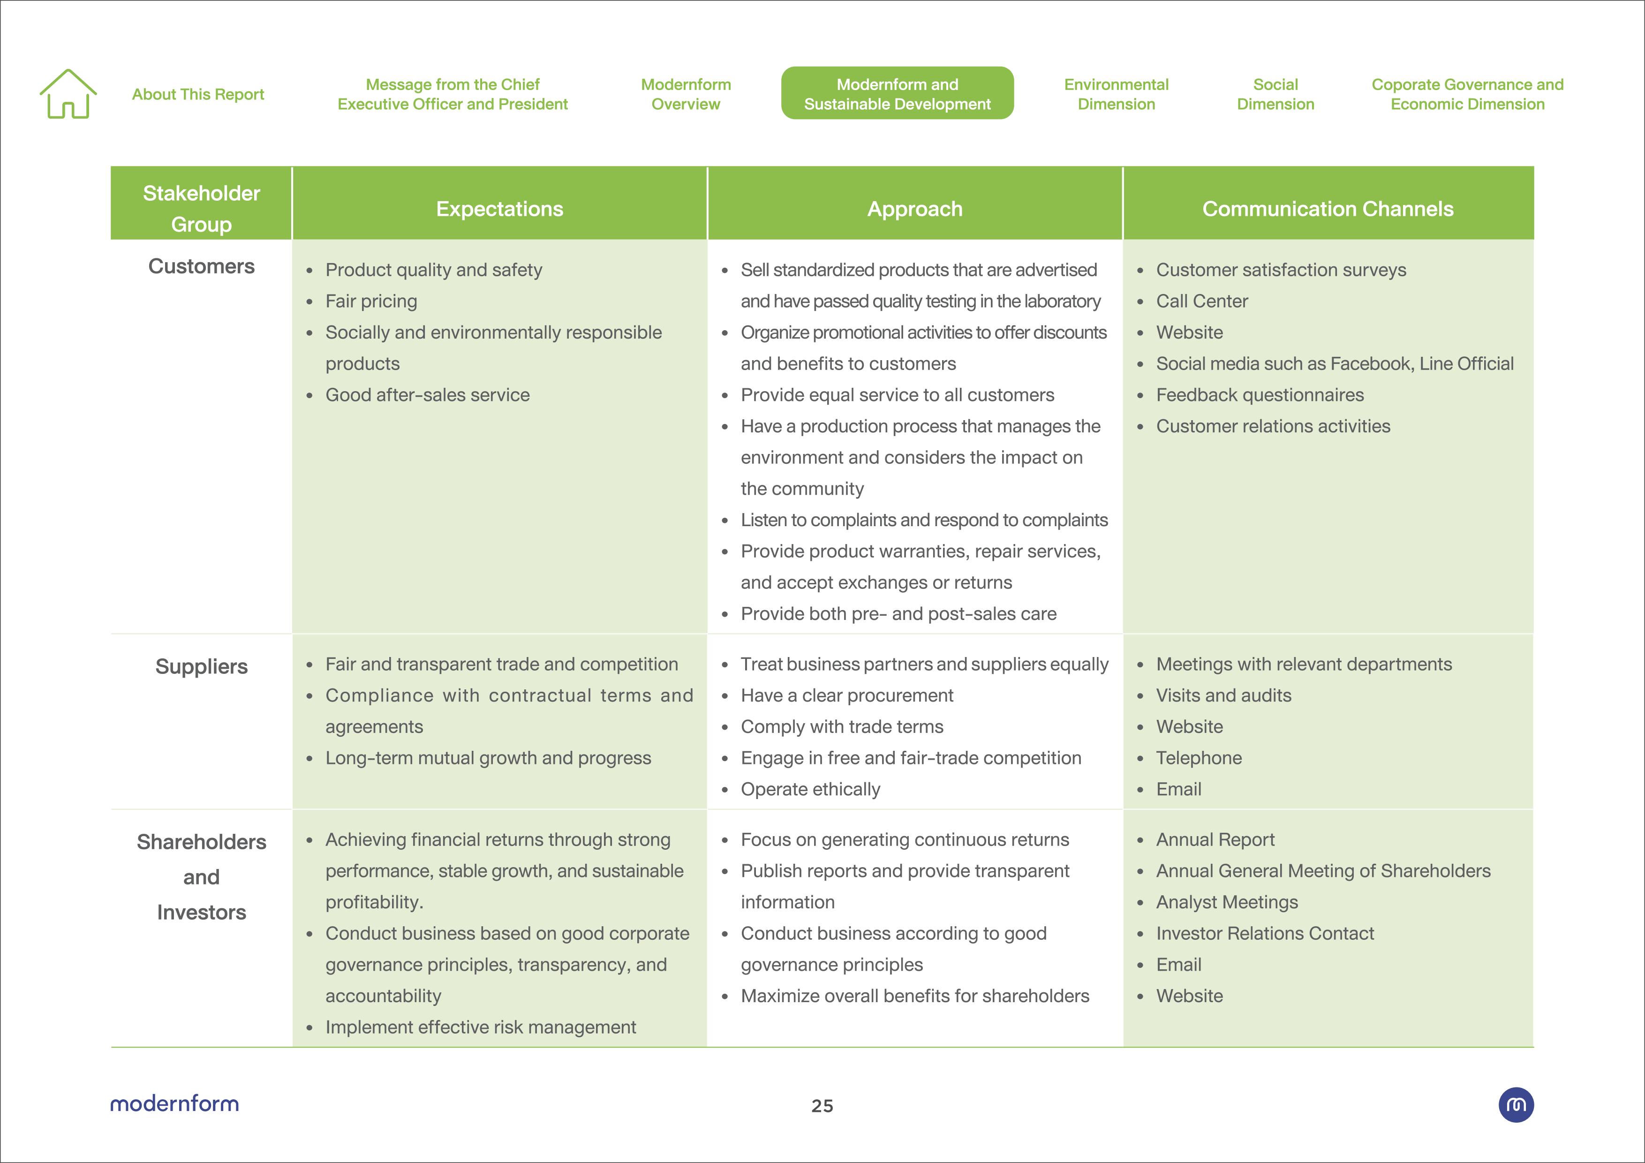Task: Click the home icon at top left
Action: coord(68,94)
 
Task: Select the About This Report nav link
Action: coord(198,95)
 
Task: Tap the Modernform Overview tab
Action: coord(686,94)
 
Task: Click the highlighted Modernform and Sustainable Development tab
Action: coord(897,94)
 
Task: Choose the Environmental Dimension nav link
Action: coord(1116,94)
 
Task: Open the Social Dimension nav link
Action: coord(1275,94)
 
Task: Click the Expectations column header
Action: coord(499,209)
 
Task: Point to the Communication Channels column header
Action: coord(1328,209)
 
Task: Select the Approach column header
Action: coord(914,209)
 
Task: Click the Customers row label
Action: coord(201,266)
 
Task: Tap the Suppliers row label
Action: coord(201,666)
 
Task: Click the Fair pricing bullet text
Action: coord(371,301)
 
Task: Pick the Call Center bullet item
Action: coord(1201,301)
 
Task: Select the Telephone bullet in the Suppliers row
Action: coord(1199,757)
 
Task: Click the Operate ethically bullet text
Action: coord(810,789)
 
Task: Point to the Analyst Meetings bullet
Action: coord(1227,902)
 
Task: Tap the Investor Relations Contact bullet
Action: coord(1265,933)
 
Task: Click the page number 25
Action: coord(822,1106)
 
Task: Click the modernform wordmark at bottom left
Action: coord(174,1103)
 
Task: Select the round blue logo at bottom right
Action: coord(1516,1105)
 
